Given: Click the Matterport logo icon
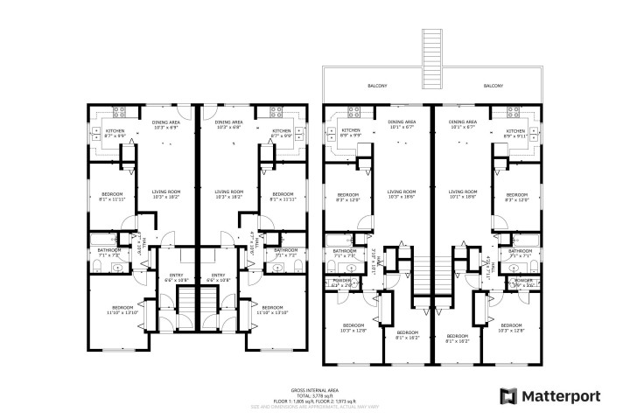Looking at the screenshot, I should (508, 395).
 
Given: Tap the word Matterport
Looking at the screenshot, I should (561, 396).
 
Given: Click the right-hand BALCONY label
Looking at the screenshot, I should (493, 86).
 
